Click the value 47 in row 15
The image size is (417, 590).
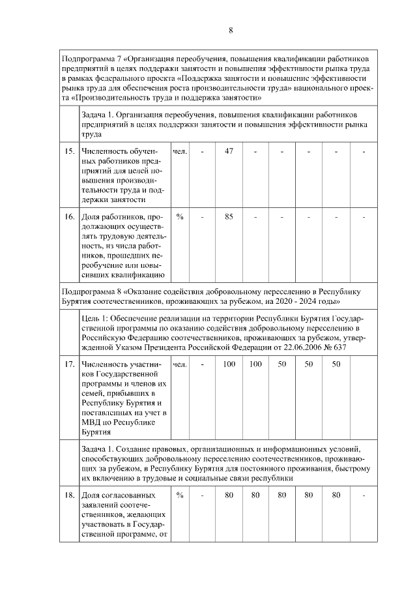pos(229,152)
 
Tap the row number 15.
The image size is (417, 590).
pos(70,152)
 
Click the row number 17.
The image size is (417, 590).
pos(70,364)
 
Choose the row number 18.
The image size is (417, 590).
pos(70,495)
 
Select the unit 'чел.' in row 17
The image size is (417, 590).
pos(180,364)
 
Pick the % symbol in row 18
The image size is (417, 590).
pos(180,495)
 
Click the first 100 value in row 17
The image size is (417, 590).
pos(229,364)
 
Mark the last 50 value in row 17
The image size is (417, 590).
pos(336,364)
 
